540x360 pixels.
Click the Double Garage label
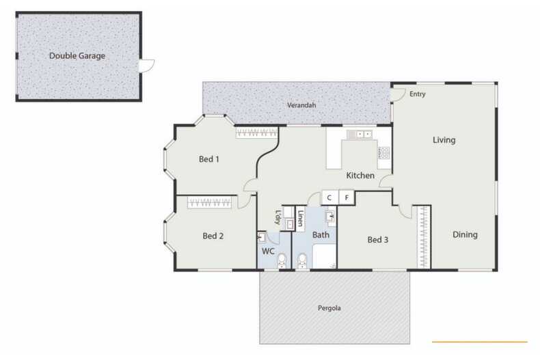[x=77, y=55]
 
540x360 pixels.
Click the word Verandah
[x=299, y=107]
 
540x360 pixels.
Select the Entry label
[x=417, y=94]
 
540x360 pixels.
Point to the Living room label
[x=444, y=140]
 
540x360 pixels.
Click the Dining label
[x=465, y=235]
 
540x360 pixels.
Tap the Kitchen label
[x=360, y=176]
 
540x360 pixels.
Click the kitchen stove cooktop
[x=384, y=154]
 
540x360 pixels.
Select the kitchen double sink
[x=360, y=134]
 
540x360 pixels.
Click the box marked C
[x=329, y=198]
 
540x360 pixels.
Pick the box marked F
[x=347, y=198]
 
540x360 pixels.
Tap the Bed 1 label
[x=208, y=159]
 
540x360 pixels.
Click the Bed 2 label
[x=213, y=236]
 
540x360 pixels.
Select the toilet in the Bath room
[x=302, y=260]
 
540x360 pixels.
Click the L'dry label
[x=278, y=217]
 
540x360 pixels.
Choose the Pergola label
[x=329, y=308]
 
